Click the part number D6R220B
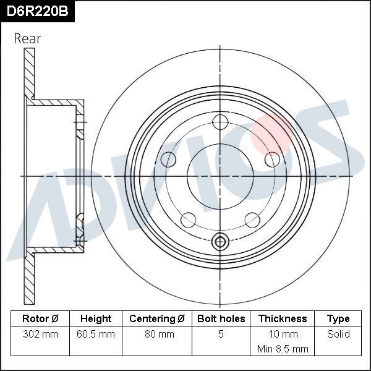pyautogui.click(x=38, y=12)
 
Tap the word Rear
pyautogui.click(x=27, y=38)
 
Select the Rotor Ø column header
pyautogui.click(x=40, y=319)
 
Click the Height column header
pyautogui.click(x=96, y=319)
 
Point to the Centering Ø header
pyautogui.click(x=157, y=319)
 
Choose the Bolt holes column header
pyautogui.click(x=221, y=319)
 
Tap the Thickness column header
pyautogui.click(x=283, y=319)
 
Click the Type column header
pyautogui.click(x=338, y=319)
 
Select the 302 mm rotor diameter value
pyautogui.click(x=40, y=335)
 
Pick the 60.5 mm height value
pyautogui.click(x=96, y=335)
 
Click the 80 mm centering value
pyautogui.click(x=157, y=335)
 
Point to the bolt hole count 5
pyautogui.click(x=221, y=335)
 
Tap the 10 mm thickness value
pyautogui.click(x=283, y=335)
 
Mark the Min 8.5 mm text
pyautogui.click(x=283, y=349)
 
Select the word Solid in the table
pyautogui.click(x=338, y=335)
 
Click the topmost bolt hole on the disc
pyautogui.click(x=221, y=122)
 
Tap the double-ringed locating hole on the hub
pyautogui.click(x=221, y=242)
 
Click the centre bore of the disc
pyautogui.click(x=221, y=176)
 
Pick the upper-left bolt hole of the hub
pyautogui.click(x=168, y=160)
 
